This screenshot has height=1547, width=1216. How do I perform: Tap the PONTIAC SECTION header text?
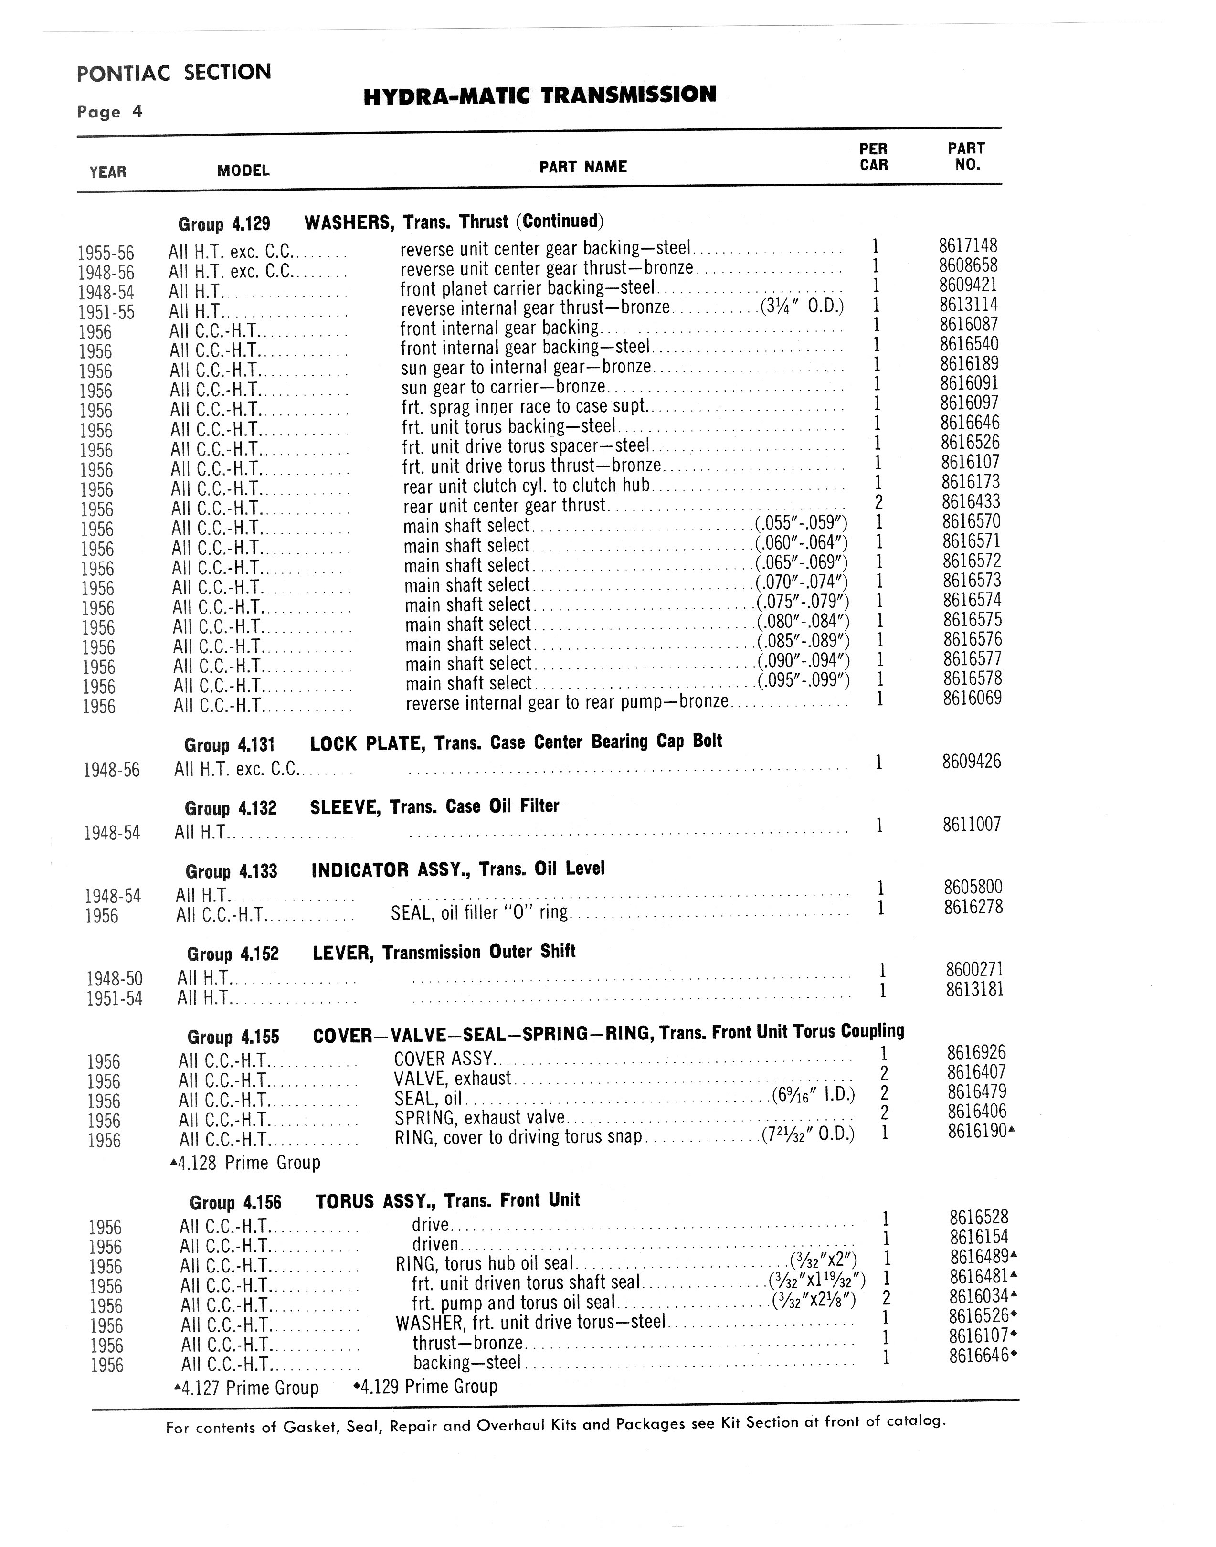pos(174,73)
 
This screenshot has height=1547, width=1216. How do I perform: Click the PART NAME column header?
pos(582,167)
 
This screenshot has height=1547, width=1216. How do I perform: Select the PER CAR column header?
pos(874,157)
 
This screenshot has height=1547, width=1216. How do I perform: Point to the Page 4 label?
pos(110,112)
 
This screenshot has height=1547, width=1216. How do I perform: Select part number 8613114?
pos(968,305)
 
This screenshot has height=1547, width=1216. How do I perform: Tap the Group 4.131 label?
pos(229,745)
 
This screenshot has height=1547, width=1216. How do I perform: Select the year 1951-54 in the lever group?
pos(114,999)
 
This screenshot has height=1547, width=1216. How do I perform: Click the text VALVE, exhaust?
pos(452,1079)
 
